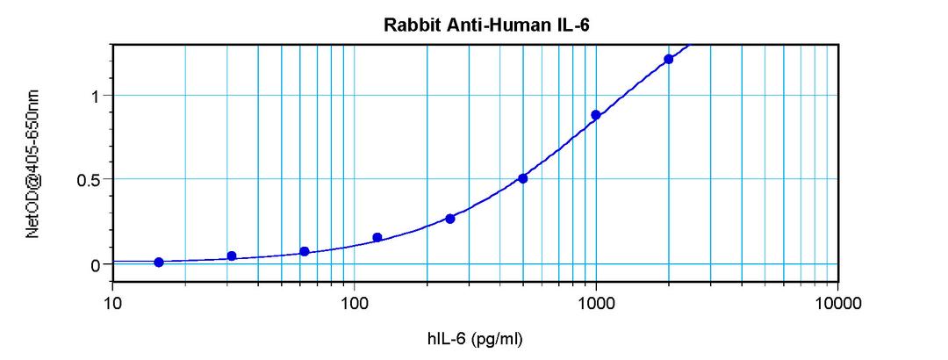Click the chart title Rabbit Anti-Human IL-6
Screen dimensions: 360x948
pos(486,25)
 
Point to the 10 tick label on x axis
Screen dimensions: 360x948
pos(112,303)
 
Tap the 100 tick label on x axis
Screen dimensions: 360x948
pos(354,303)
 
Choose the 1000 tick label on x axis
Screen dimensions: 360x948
pos(596,303)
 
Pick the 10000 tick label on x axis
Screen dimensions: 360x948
pos(837,303)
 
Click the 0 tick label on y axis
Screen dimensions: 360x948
pos(97,264)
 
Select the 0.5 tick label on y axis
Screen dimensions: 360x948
pos(90,180)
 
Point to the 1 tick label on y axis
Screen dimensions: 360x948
pos(97,96)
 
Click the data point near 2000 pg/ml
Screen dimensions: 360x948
pos(669,59)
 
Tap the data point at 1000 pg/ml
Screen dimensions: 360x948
pos(596,115)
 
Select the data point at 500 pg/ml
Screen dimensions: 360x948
pos(523,178)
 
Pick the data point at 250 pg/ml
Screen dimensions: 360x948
pos(450,219)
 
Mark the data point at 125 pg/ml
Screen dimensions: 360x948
pos(377,237)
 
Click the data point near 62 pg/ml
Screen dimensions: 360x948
pos(305,251)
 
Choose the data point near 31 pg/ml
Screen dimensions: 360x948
pos(232,256)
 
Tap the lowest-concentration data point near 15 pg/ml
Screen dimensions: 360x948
pos(159,262)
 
